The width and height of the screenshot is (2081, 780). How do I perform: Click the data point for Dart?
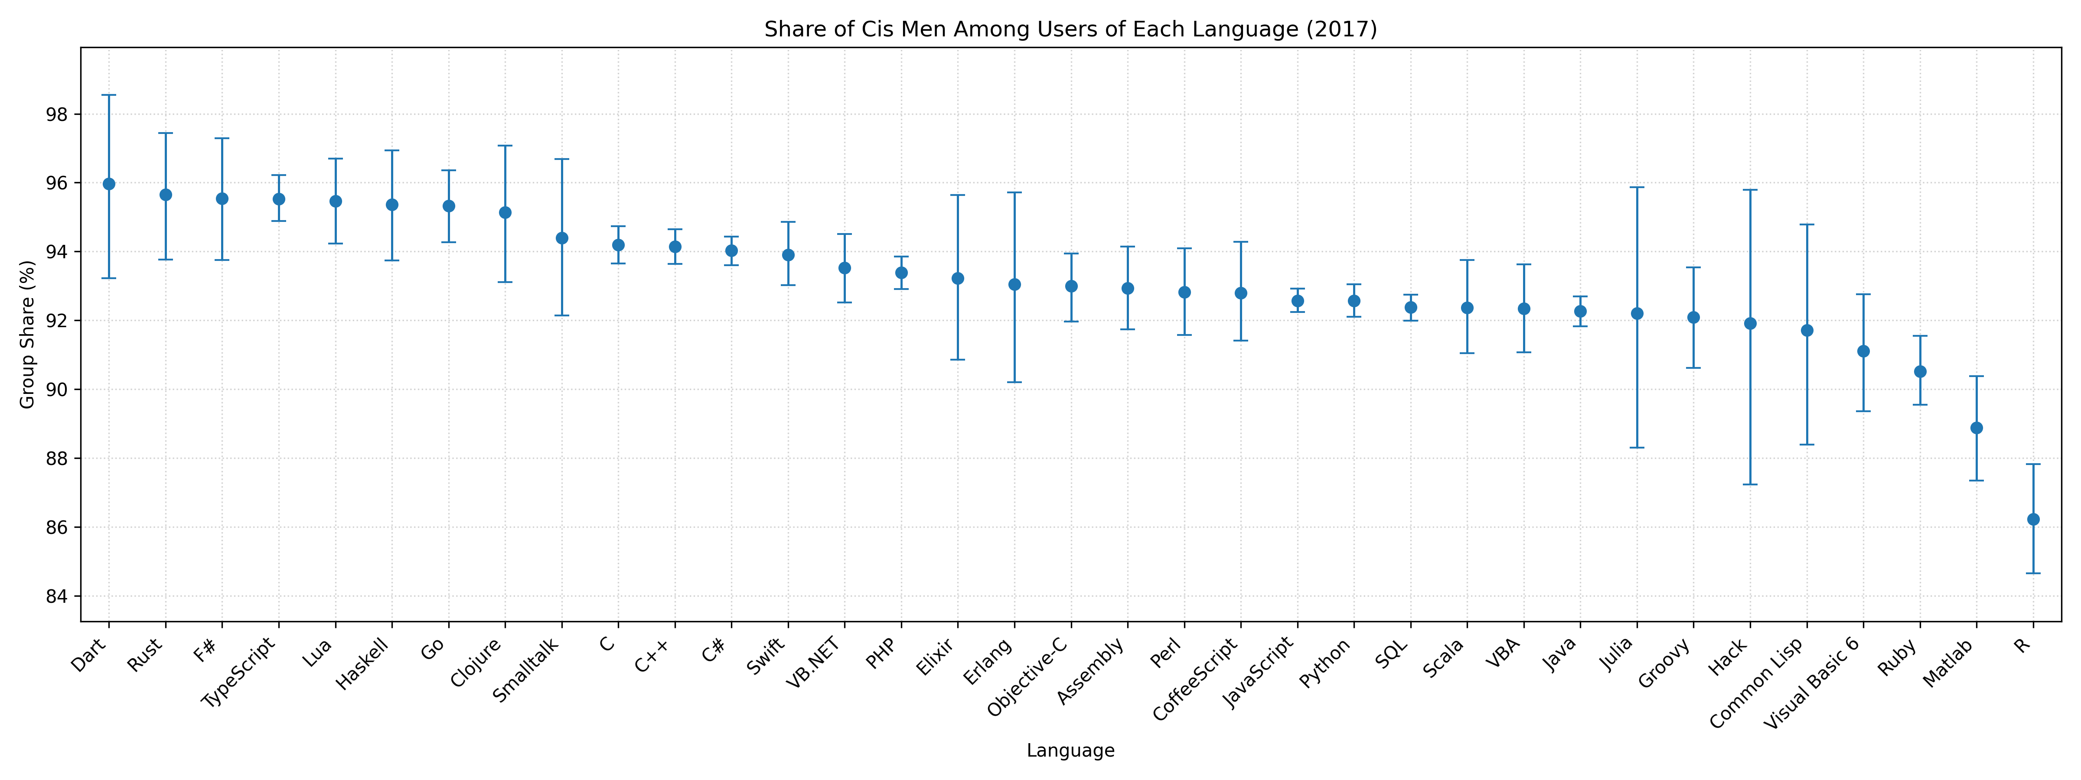(109, 184)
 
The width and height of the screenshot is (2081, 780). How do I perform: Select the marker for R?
(2033, 519)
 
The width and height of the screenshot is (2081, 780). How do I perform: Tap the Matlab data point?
(1977, 428)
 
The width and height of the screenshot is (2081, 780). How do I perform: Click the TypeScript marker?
(279, 198)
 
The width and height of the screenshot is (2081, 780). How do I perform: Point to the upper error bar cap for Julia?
(1637, 187)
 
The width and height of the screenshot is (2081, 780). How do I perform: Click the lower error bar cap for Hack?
(1751, 484)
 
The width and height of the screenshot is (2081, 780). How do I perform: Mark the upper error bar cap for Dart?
(109, 95)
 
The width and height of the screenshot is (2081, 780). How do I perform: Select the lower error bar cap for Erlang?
(1014, 382)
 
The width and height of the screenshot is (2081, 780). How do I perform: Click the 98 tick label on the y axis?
(58, 115)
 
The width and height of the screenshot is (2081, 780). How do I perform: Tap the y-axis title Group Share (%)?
(27, 334)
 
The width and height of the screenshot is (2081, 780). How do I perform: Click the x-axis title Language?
(1070, 751)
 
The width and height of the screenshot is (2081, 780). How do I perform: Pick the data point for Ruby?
(1920, 371)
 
